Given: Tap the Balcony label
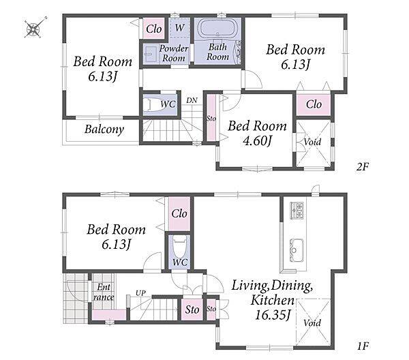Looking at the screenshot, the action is pos(104,130).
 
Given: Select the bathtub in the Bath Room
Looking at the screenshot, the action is pos(218,29).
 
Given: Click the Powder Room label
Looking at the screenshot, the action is pos(174,53).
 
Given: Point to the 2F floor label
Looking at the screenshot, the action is pos(363,166).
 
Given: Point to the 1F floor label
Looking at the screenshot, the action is pos(363,346).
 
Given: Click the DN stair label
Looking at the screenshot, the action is pos(192,100).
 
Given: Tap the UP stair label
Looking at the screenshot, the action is pos(140,293).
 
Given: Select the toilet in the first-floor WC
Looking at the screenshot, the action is pos(180,247).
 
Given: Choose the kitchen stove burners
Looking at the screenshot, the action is pos(297,210).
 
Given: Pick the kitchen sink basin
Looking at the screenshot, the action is pos(297,250).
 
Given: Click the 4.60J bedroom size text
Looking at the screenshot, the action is pos(257,141).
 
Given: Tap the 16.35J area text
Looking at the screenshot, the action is pos(272,315).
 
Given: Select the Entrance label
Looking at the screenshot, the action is pos(104,292).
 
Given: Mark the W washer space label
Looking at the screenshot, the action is pos(180,27).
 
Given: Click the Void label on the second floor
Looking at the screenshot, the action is pos(312,142).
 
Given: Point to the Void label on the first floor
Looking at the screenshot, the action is pos(312,323).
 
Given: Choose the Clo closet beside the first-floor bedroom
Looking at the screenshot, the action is pos(179,213).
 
